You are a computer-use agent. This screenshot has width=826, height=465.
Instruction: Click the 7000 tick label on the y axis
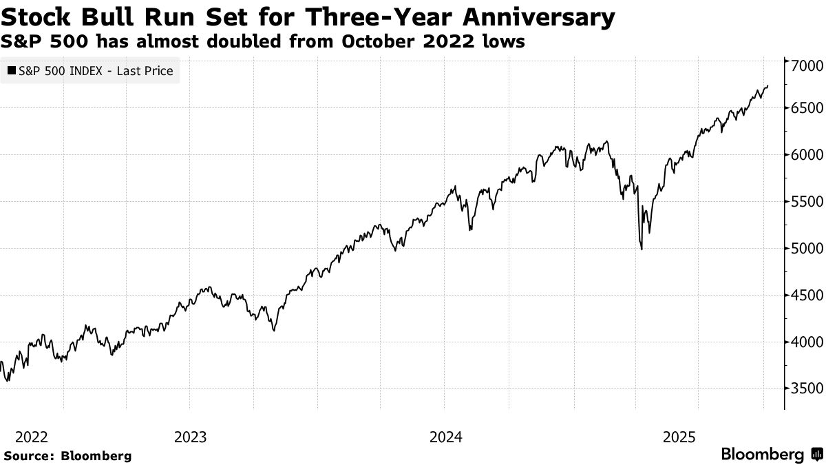point(803,66)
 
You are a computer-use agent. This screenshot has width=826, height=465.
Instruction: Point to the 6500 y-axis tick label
point(803,109)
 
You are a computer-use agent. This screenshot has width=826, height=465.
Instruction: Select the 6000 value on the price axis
point(803,155)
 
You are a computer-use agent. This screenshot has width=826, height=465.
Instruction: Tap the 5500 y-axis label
point(803,202)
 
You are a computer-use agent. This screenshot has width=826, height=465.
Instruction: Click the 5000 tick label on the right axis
point(803,248)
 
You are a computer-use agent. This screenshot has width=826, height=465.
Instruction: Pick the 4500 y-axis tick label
point(803,295)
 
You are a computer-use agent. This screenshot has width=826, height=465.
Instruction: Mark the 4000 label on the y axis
point(803,342)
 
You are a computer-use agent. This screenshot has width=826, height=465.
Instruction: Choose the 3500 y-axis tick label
point(803,388)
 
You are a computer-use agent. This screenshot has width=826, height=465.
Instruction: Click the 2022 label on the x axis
point(31,437)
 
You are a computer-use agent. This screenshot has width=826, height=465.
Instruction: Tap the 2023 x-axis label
point(191,437)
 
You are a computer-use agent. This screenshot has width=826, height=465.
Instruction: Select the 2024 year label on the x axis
point(445,437)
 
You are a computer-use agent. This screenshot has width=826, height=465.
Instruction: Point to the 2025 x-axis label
point(678,437)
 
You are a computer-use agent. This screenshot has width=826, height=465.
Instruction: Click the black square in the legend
point(11,71)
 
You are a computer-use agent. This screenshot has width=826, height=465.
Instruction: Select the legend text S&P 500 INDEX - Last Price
point(96,71)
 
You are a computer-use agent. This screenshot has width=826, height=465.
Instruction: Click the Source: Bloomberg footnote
point(67,455)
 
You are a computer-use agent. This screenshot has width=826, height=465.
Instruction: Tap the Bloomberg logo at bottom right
point(771,455)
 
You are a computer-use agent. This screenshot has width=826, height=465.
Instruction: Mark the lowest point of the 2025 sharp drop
point(642,249)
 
